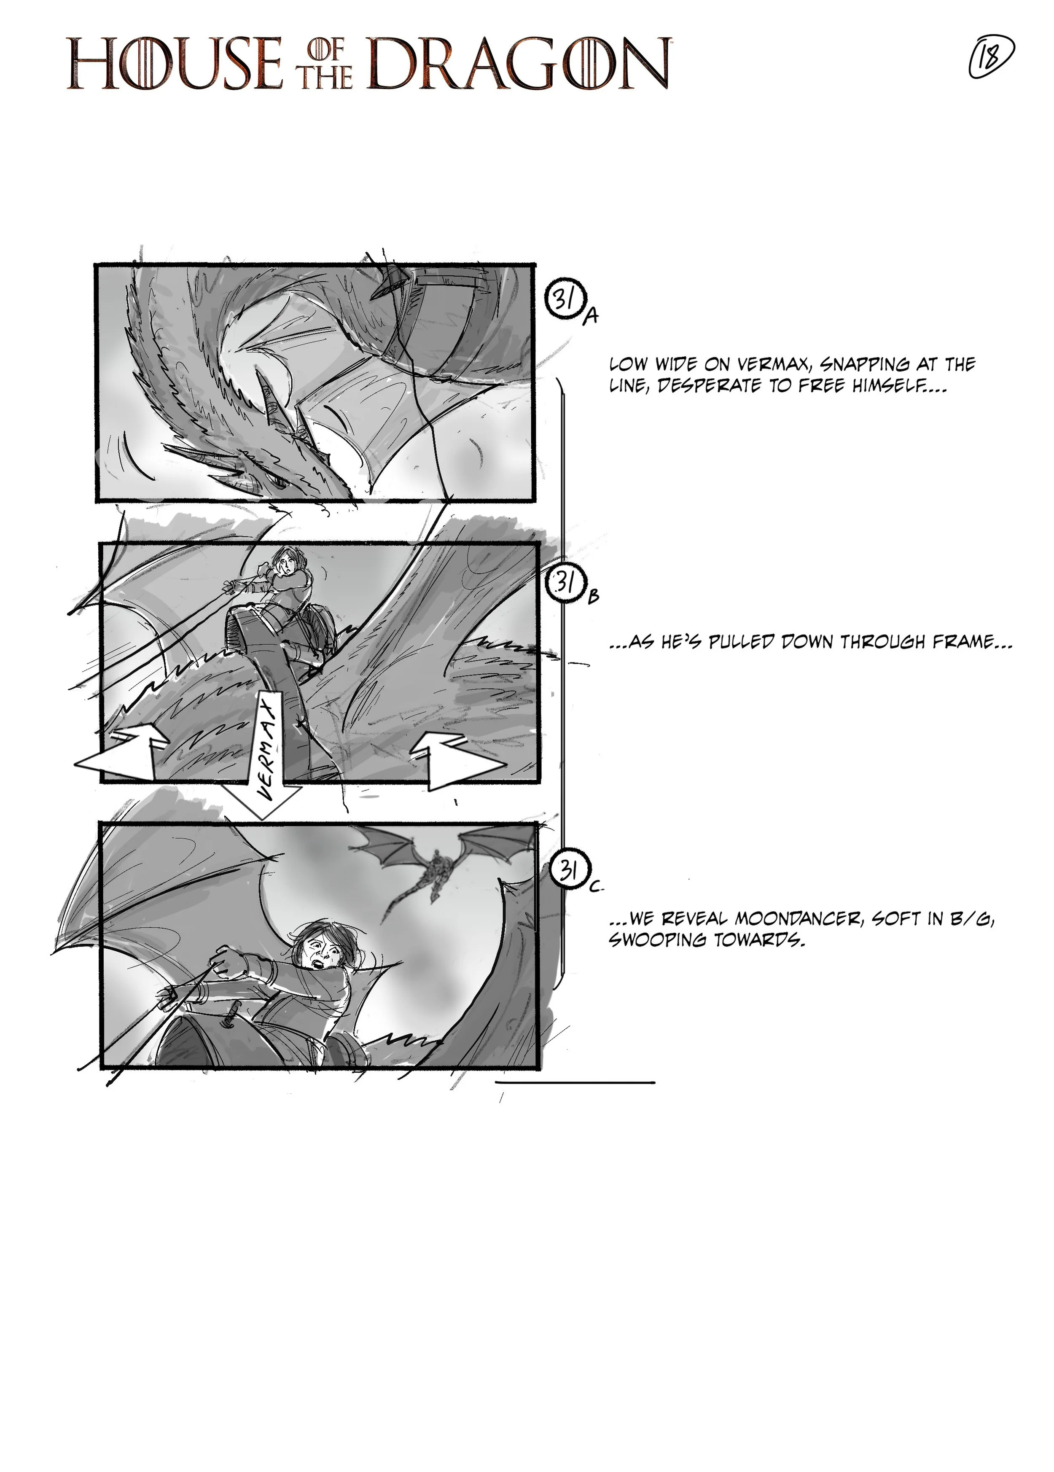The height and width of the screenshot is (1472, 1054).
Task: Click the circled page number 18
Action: pos(991,59)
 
